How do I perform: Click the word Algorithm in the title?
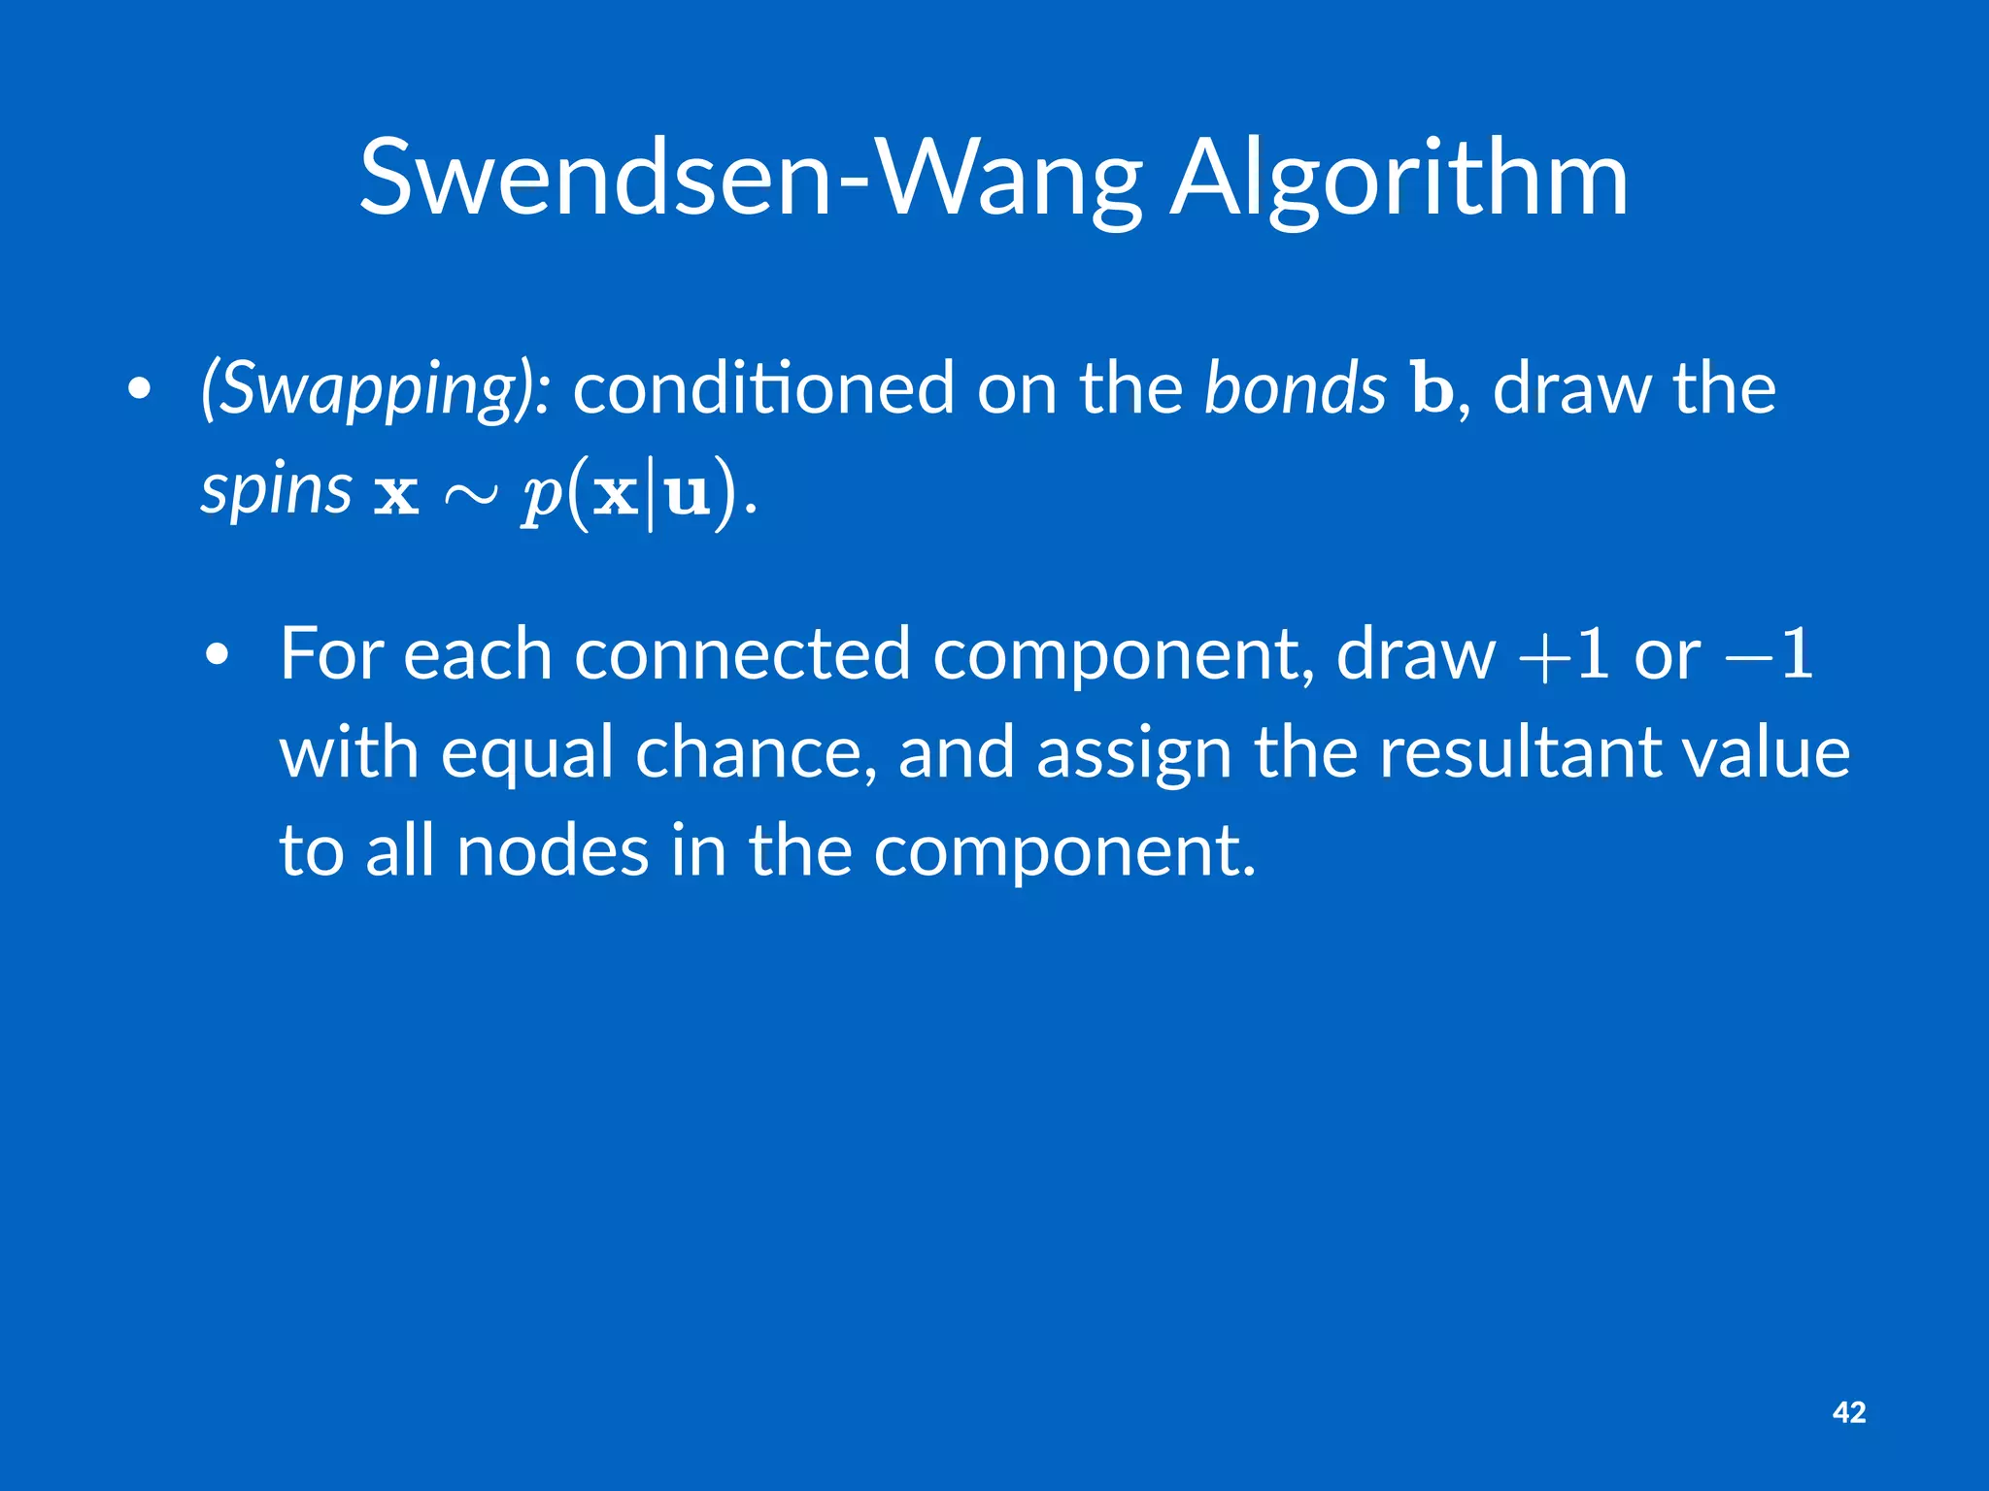pyautogui.click(x=1399, y=181)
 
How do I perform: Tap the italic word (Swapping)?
pyautogui.click(x=375, y=388)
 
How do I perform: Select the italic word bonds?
pyautogui.click(x=1295, y=388)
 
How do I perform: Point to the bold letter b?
pyautogui.click(x=1432, y=388)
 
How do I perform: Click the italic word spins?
pyautogui.click(x=276, y=490)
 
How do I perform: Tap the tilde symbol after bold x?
pyautogui.click(x=471, y=495)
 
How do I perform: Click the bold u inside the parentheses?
pyautogui.click(x=688, y=494)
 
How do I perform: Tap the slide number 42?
pyautogui.click(x=1848, y=1412)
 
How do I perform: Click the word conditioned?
pyautogui.click(x=763, y=388)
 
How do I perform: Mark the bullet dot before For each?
pyautogui.click(x=218, y=656)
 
